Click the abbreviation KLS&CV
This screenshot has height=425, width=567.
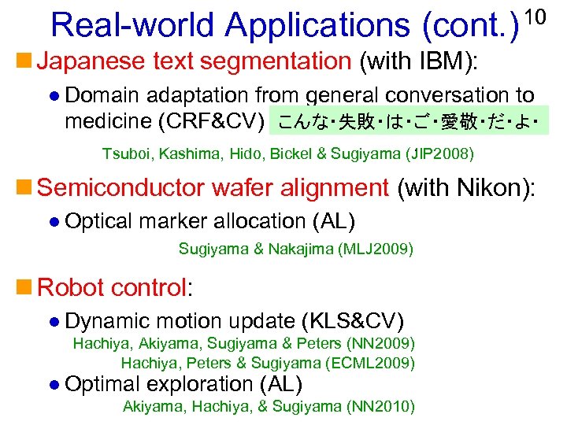352,321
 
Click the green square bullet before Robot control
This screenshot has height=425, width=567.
26,287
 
